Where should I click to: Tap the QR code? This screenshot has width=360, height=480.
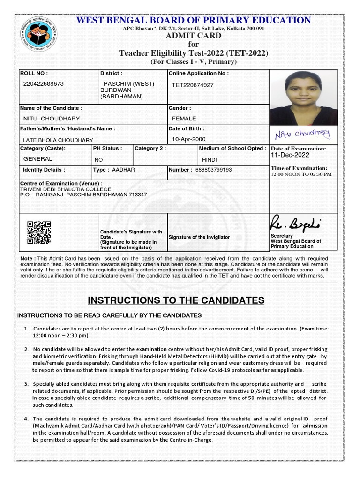point(39,232)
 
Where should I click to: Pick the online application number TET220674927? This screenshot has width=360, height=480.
point(193,85)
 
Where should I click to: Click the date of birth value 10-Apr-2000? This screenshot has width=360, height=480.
point(188,139)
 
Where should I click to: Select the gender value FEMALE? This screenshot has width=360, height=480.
point(184,119)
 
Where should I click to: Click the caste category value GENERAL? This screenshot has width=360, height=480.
point(37,159)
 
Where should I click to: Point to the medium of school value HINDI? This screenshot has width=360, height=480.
point(209,160)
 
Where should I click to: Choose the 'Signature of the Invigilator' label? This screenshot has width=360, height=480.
point(199,237)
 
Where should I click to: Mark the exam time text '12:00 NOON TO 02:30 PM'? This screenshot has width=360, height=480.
point(301,174)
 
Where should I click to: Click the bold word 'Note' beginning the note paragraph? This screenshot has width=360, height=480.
point(26,258)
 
